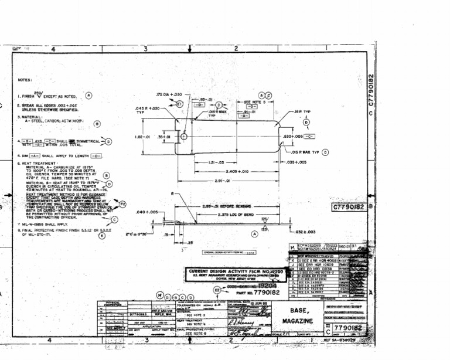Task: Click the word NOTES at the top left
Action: [24, 80]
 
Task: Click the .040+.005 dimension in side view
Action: [146, 212]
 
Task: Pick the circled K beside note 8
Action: [101, 236]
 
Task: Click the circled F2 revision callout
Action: [123, 204]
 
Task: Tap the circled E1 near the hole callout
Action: [180, 104]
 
